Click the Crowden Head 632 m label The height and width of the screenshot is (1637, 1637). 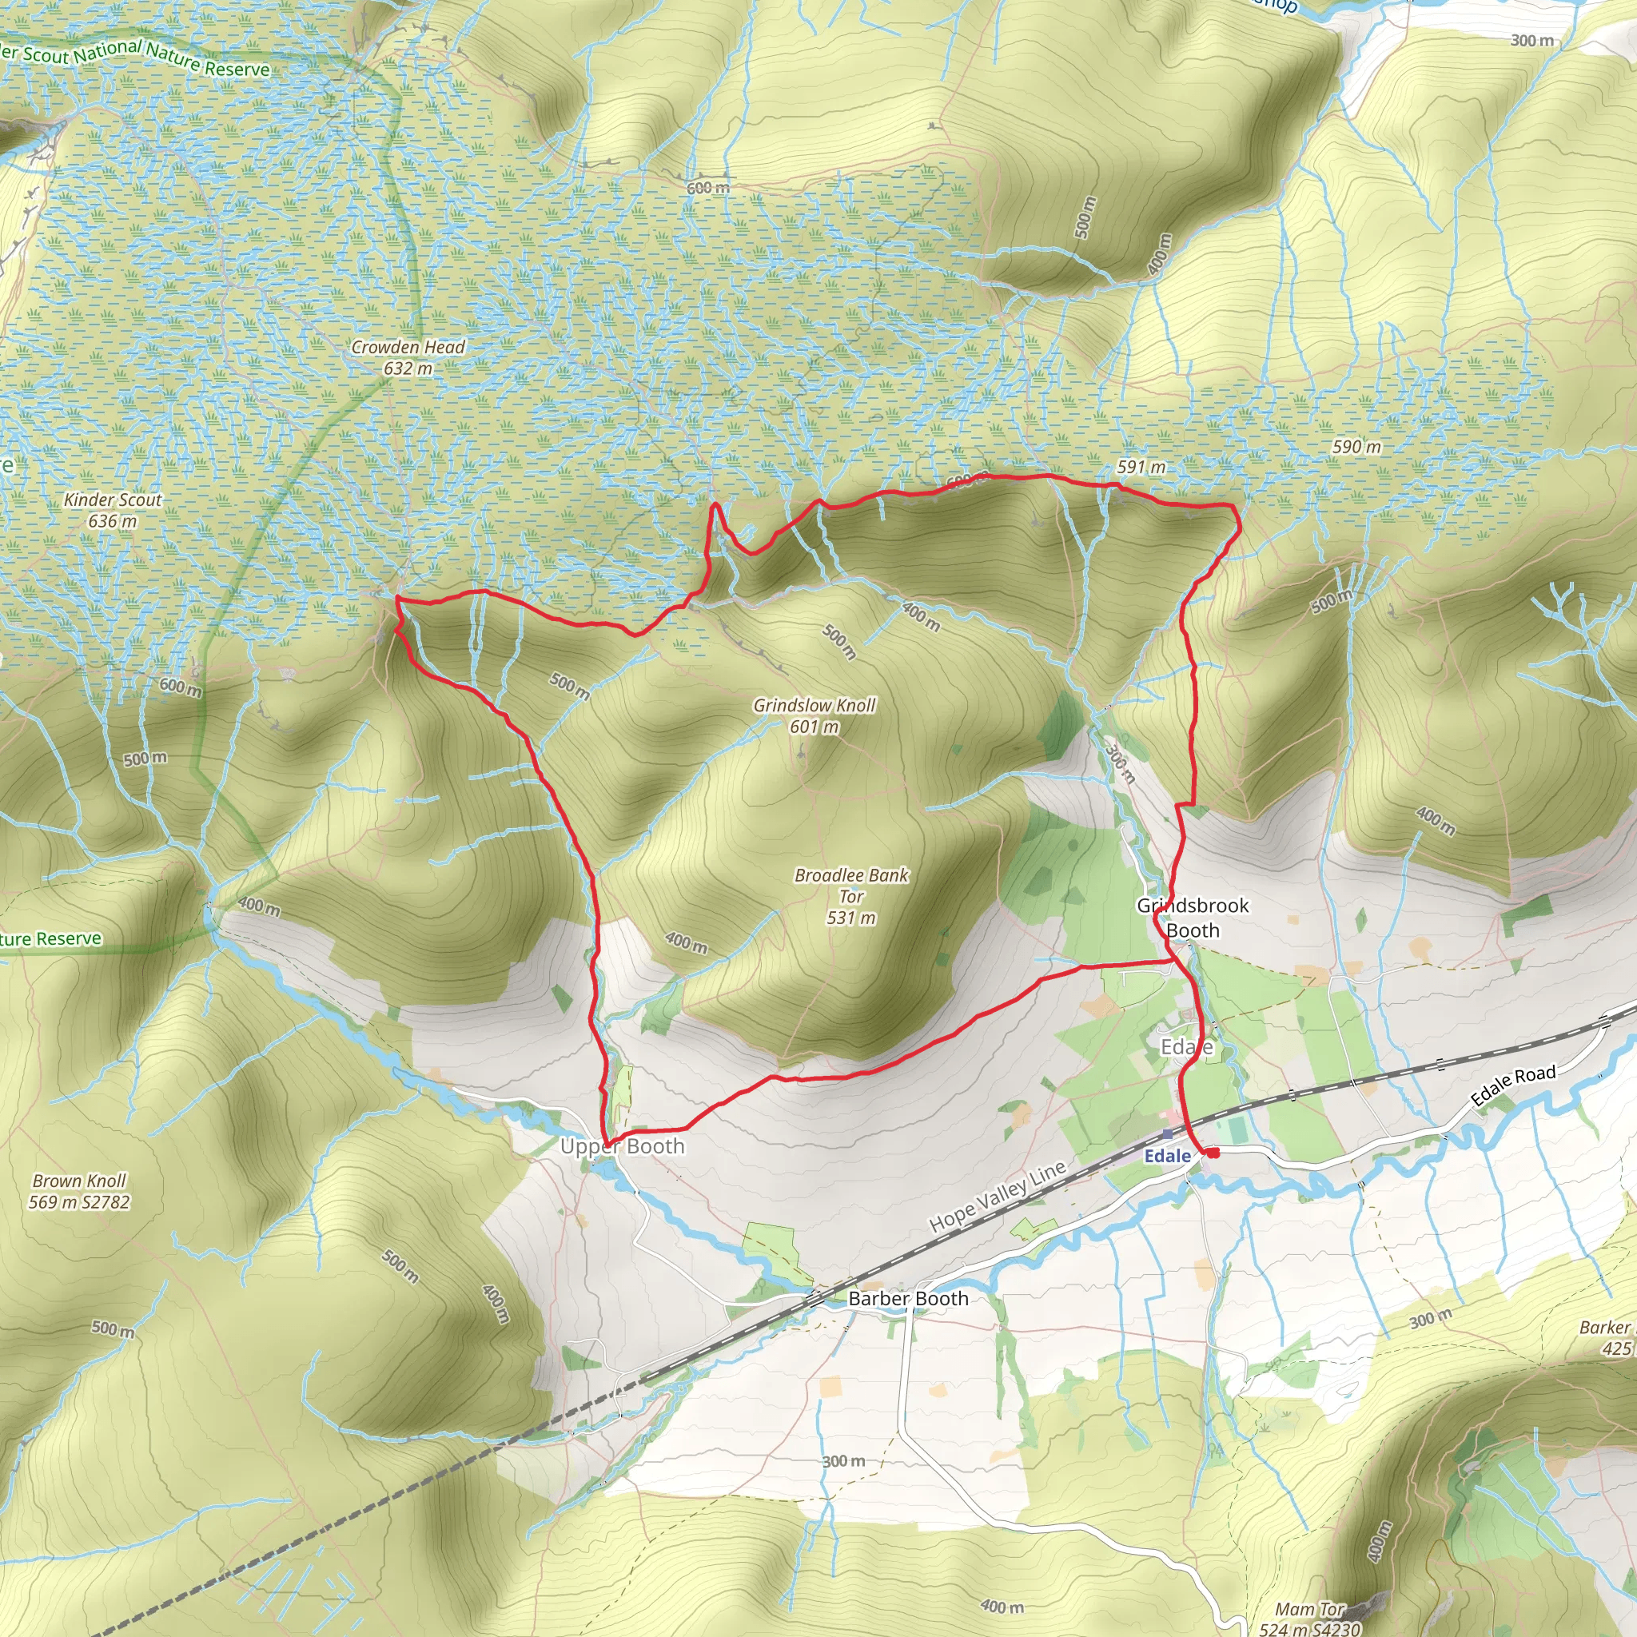click(408, 357)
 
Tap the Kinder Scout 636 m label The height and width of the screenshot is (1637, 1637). click(113, 510)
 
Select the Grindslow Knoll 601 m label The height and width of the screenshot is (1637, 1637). click(815, 715)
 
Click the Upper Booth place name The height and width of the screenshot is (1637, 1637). click(622, 1146)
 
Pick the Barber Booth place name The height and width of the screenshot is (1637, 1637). click(907, 1298)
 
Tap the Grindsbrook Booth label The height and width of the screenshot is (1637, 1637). click(1193, 918)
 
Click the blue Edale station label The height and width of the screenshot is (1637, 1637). click(1167, 1157)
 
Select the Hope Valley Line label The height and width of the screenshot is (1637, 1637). click(998, 1197)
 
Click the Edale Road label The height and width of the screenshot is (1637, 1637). click(1512, 1086)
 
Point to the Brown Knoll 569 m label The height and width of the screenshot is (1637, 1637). click(80, 1190)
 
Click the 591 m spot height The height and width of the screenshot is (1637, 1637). click(1141, 467)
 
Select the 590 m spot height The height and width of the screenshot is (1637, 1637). click(1356, 447)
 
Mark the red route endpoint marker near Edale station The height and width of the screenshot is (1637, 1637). click(1213, 1153)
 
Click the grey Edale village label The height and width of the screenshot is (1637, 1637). click(1186, 1048)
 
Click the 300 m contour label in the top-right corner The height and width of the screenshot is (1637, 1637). click(1532, 40)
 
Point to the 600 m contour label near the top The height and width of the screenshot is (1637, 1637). click(707, 187)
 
